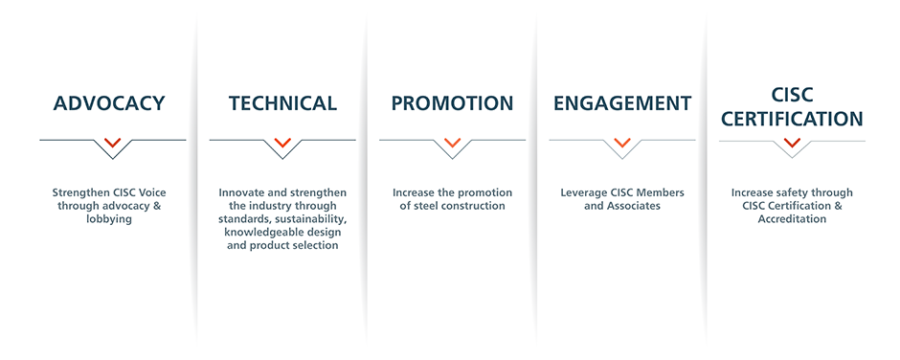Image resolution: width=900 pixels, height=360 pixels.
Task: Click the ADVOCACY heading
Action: pos(109,103)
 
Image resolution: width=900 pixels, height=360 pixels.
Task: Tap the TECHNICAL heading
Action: pos(282,103)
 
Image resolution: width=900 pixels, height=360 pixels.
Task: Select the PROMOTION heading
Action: pos(452,103)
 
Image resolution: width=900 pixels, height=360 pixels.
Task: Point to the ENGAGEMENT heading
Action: pos(622,103)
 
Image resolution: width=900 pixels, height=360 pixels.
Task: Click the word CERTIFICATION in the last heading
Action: pos(792,119)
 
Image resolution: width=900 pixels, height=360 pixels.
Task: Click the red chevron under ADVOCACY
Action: pos(113,142)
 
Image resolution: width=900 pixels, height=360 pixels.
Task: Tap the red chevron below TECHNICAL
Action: pos(282,142)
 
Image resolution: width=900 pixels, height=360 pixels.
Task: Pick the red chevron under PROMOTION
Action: pos(452,142)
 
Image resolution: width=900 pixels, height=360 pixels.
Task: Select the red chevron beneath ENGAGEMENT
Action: pos(622,142)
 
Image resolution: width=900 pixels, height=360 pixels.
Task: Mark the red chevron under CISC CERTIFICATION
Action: pos(792,142)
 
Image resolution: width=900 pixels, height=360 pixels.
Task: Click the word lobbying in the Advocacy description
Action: pos(109,219)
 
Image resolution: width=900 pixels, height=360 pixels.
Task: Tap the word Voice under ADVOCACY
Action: pos(152,192)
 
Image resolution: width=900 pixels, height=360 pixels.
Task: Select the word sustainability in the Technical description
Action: pos(317,219)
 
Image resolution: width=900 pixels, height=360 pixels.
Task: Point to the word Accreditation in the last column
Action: pos(792,219)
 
